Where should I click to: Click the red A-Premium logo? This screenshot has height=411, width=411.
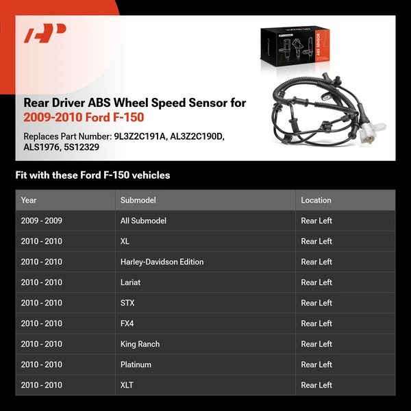[x=45, y=34]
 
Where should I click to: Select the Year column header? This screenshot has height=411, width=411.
[x=29, y=200]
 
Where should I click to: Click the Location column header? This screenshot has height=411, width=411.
[x=316, y=200]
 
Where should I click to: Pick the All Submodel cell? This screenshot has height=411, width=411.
[x=143, y=221]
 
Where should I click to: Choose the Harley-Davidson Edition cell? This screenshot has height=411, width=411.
[x=162, y=262]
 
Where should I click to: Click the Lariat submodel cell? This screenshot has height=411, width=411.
[x=131, y=282]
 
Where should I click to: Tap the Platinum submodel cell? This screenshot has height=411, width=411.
[x=136, y=364]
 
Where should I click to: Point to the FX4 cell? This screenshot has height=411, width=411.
[x=128, y=323]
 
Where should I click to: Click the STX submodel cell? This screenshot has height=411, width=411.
[x=128, y=303]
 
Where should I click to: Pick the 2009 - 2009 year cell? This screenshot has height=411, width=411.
[x=41, y=221]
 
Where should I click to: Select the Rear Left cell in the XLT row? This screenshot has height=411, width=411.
[x=316, y=385]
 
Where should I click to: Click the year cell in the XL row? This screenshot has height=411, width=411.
[x=41, y=241]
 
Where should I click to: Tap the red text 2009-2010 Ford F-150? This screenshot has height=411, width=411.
[x=84, y=118]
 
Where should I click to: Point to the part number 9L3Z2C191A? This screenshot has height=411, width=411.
[x=140, y=136]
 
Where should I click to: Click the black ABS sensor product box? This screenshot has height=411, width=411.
[x=292, y=51]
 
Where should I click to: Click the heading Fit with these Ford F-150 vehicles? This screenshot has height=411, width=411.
[x=92, y=175]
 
